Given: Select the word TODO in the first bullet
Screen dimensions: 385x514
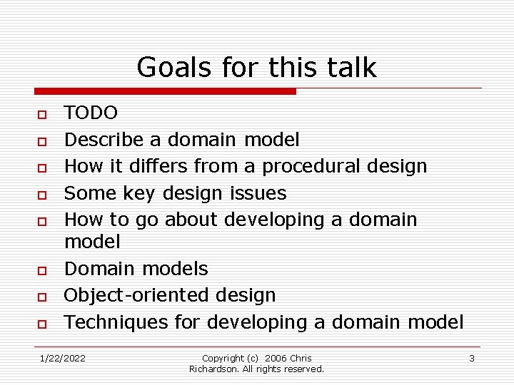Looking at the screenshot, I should click(91, 113).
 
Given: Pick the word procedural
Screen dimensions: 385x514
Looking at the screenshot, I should click(311, 166).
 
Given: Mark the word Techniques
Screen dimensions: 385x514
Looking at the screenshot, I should click(118, 322).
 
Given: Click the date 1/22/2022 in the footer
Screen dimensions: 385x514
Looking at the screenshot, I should click(62, 358).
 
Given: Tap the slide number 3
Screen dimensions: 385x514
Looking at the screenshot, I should click(472, 358).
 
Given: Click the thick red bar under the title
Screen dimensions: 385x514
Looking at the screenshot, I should click(165, 91).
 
